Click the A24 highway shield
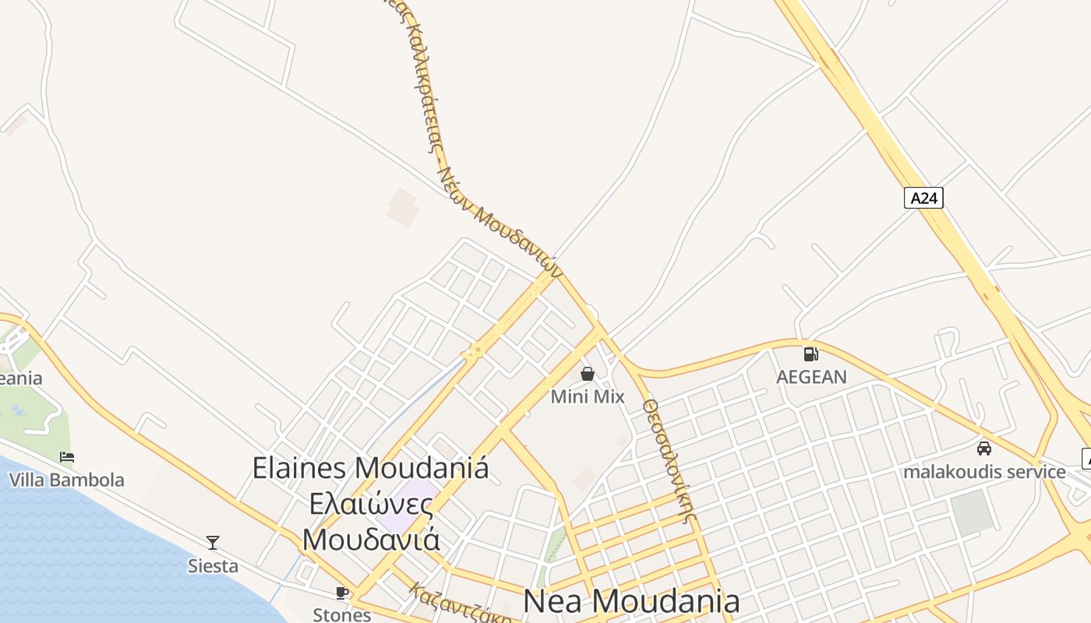tap(923, 198)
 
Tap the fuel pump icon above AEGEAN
tap(811, 354)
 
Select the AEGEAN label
tap(811, 377)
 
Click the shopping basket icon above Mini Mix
tap(588, 375)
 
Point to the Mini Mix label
tap(588, 397)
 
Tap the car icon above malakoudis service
tap(984, 449)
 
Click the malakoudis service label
tap(984, 472)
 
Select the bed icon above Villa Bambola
tap(67, 457)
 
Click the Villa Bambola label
tap(67, 480)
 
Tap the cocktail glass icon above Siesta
tap(213, 543)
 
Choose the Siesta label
tap(213, 566)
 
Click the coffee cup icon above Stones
tap(341, 593)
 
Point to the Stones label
tap(341, 614)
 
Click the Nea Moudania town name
tap(631, 601)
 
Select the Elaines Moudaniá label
tap(371, 468)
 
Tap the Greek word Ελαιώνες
tap(371, 504)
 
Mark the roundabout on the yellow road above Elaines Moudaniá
tap(473, 354)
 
